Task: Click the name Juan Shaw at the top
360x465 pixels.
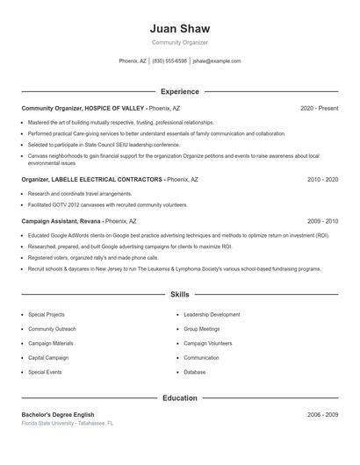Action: [179, 28]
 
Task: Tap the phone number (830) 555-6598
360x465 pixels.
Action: [169, 61]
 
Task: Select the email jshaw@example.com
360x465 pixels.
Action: [217, 61]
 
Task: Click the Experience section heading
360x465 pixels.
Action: [179, 91]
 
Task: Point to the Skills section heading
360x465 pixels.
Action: [179, 295]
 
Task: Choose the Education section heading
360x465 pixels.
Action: [179, 397]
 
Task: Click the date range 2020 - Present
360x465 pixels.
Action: [319, 108]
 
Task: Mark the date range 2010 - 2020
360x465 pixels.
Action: [322, 179]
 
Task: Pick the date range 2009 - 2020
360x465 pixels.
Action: [322, 222]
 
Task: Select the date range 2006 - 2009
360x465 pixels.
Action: [322, 414]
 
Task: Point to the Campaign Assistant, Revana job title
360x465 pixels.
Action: [62, 222]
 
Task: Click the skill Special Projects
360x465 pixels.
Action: [47, 314]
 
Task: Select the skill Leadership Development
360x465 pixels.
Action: [212, 314]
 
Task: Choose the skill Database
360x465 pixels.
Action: [194, 372]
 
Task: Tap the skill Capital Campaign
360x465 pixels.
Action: [48, 358]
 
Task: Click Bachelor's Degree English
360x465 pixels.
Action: [58, 414]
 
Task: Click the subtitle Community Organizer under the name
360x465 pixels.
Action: [179, 42]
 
